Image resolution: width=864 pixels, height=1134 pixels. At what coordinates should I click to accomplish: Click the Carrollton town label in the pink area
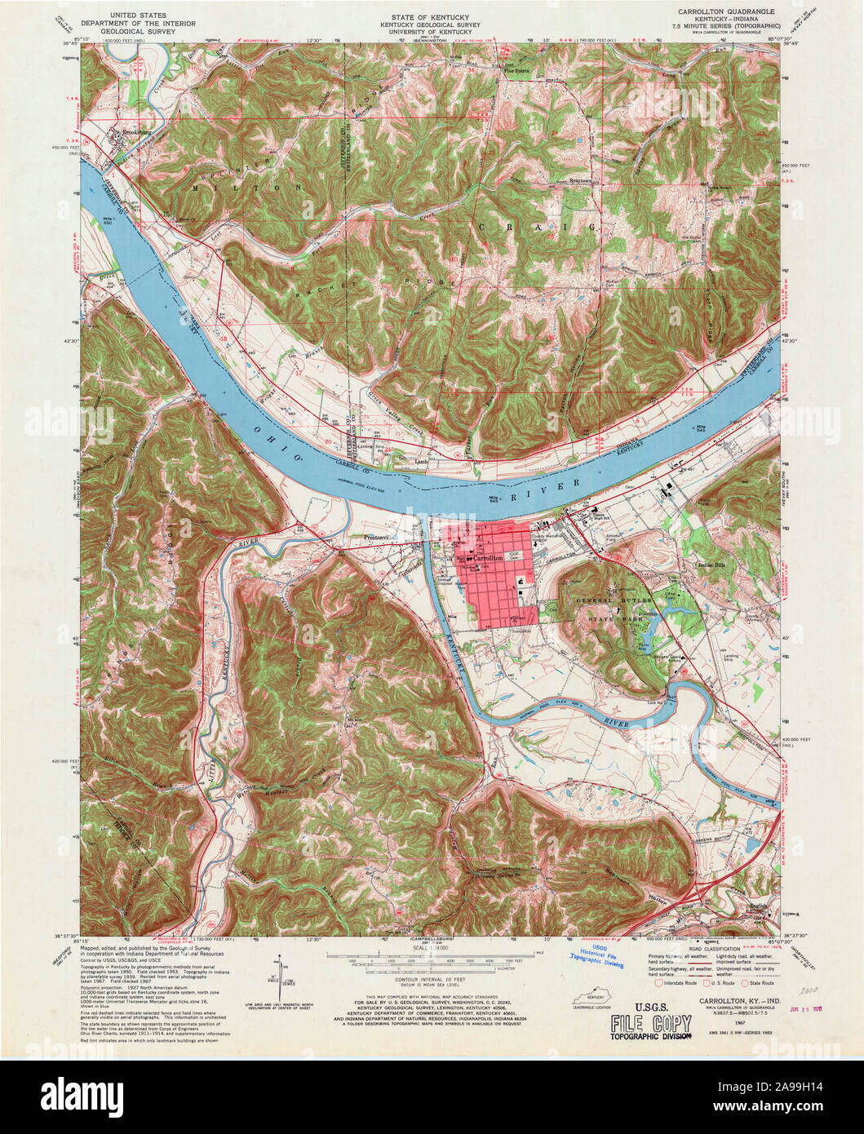pos(487,558)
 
